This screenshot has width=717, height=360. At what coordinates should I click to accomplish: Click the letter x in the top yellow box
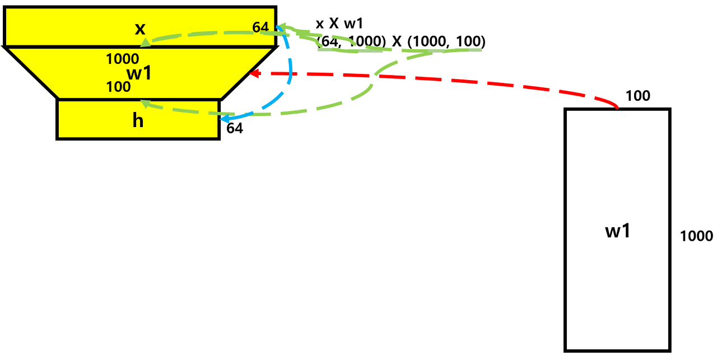pos(140,28)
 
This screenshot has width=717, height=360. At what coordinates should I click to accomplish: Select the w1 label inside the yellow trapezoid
pos(139,73)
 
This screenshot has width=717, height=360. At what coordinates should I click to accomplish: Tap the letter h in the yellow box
pos(138,120)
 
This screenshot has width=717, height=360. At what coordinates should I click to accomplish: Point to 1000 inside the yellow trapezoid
pos(123,59)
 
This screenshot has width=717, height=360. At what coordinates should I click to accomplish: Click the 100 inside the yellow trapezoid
pos(118,87)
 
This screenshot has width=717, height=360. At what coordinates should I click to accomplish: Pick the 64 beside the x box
pos(260,27)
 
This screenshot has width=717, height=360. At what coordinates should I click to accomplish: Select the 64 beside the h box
pos(235,128)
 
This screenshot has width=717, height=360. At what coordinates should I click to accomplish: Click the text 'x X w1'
pos(340,24)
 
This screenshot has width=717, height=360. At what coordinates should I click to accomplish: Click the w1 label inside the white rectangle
pos(618,231)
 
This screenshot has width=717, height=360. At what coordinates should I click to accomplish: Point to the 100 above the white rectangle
pos(638,96)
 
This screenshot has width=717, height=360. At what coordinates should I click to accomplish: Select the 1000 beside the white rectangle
pos(696,236)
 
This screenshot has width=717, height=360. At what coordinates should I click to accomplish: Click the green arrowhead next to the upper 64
pos(281,26)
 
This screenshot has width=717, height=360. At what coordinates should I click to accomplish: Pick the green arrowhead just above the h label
pos(143,102)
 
